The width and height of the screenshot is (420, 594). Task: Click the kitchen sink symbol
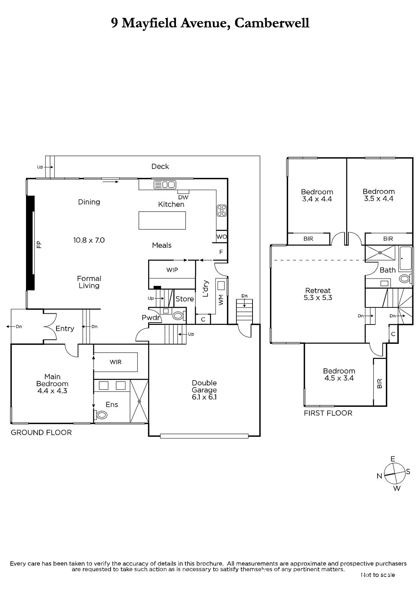165,185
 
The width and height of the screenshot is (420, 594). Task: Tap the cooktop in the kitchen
222,210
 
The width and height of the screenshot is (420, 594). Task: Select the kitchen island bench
162,221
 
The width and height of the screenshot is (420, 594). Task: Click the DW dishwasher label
183,197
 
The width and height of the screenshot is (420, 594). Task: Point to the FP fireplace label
39,244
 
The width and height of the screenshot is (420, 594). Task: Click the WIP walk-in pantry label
172,270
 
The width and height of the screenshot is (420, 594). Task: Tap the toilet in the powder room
178,316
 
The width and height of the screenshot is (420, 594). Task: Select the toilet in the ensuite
101,415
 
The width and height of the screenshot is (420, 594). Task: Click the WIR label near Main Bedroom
115,362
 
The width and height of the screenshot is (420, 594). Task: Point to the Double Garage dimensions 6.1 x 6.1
204,397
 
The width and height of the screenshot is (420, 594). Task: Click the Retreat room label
318,290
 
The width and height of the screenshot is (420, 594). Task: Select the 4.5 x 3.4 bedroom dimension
339,378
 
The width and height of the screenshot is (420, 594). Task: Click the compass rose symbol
394,474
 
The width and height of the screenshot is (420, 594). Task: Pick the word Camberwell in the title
272,23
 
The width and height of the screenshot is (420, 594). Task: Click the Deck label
160,166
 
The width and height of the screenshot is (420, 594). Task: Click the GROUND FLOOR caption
41,433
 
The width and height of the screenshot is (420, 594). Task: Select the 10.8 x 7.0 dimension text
89,240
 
